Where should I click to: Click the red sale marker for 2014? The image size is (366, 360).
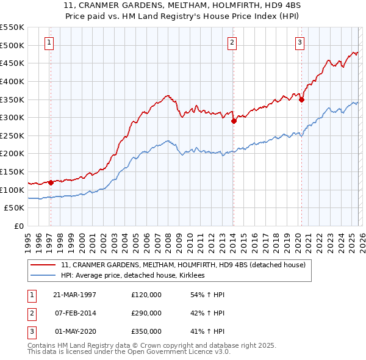tap(234, 121)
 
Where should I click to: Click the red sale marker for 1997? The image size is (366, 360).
tap(51, 182)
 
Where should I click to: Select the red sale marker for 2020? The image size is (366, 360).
tap(301, 99)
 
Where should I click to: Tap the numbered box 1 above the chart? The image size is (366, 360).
tap(48, 42)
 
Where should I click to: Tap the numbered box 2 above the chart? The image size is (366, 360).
tap(232, 42)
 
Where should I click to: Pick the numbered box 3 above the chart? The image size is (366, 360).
tap(300, 42)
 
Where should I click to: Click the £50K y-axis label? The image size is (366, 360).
tap(14, 208)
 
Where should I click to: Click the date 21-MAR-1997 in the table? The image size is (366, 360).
tap(75, 295)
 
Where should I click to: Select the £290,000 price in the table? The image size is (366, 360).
tap(146, 313)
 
